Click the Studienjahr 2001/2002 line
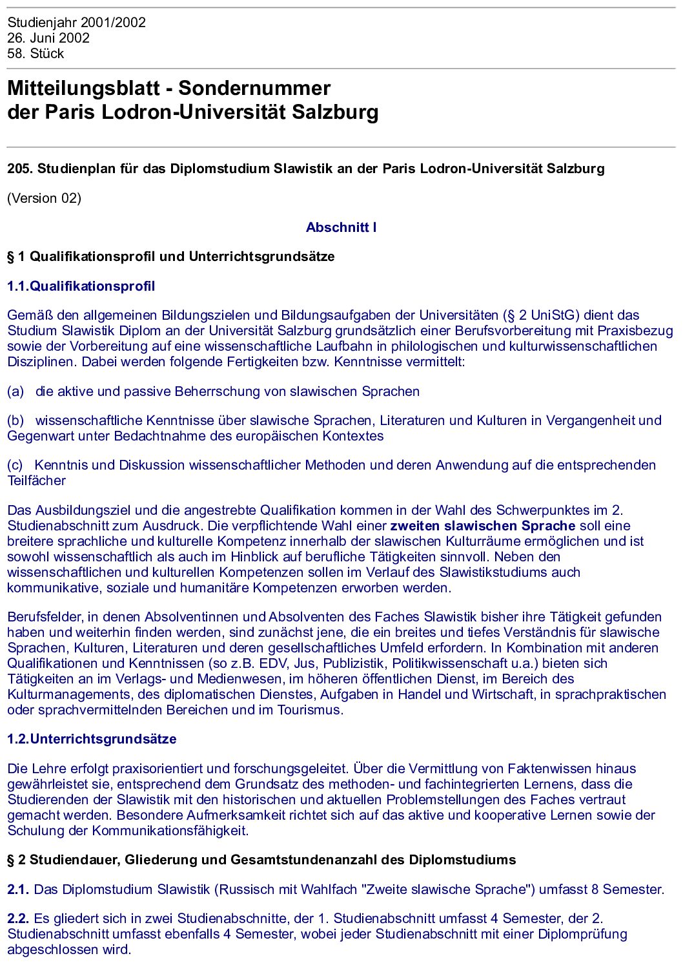click(x=76, y=23)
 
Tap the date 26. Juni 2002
click(x=48, y=38)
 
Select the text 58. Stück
click(x=36, y=54)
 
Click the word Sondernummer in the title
click(x=254, y=88)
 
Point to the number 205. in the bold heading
click(x=20, y=169)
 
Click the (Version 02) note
click(x=44, y=198)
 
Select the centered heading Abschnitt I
click(x=341, y=227)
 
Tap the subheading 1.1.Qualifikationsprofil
click(x=81, y=286)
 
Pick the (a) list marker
click(x=15, y=391)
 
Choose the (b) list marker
click(x=15, y=421)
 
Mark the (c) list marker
click(x=15, y=465)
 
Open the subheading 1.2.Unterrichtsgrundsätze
click(x=92, y=739)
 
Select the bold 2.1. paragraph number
click(x=18, y=889)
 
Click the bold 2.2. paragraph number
click(x=18, y=919)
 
